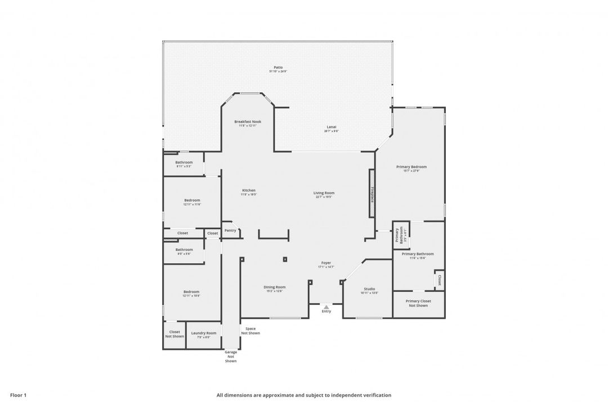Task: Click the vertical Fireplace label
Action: pyautogui.click(x=372, y=192)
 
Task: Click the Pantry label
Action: pyautogui.click(x=230, y=230)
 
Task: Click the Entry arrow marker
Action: pyautogui.click(x=326, y=307)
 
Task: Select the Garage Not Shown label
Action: pyautogui.click(x=231, y=356)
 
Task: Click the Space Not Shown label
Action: pyautogui.click(x=251, y=331)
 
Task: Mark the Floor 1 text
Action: pyautogui.click(x=18, y=395)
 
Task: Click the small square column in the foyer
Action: pyautogui.click(x=285, y=259)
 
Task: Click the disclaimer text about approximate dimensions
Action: pyautogui.click(x=303, y=395)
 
